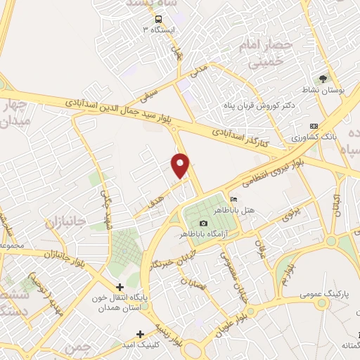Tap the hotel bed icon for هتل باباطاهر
coord(233,202)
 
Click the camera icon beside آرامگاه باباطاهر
coord(204,223)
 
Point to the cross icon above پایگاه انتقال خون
coord(120,286)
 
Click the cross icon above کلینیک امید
coord(141,334)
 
